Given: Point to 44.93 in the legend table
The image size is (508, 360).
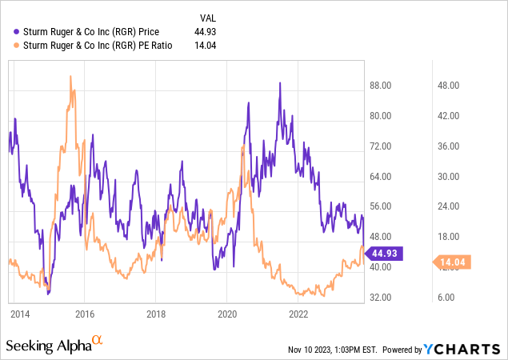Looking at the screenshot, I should (x=206, y=32).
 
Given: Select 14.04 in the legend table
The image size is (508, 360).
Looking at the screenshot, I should (x=206, y=46).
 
